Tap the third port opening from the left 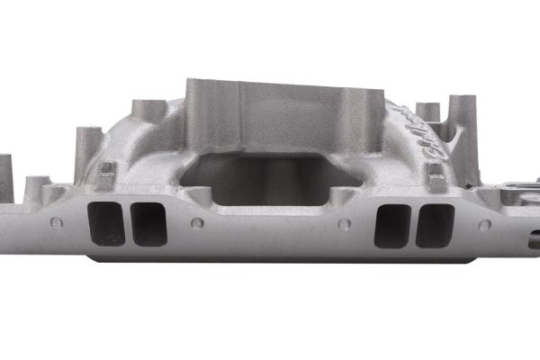(x=391, y=225)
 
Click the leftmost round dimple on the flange (x=56, y=223)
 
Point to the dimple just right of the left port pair (x=197, y=223)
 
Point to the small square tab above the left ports (x=106, y=168)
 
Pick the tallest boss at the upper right (x=463, y=112)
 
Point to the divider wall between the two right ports (x=413, y=225)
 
